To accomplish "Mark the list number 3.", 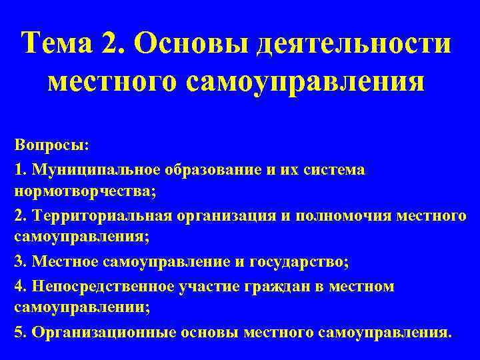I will point(17,262).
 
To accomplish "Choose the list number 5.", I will point(17,332).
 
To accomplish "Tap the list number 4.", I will point(17,286).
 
